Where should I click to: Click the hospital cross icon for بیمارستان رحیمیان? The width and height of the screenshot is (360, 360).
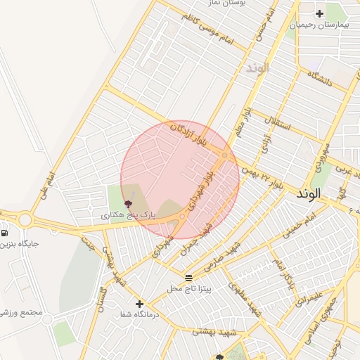320,13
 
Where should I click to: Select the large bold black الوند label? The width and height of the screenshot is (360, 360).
309,192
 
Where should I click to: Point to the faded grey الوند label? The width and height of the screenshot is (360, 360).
257,69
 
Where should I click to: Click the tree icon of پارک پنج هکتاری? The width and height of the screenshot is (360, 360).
127,202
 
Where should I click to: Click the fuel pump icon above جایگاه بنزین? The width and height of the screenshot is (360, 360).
5,233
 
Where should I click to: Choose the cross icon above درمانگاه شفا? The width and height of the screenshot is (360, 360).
140,304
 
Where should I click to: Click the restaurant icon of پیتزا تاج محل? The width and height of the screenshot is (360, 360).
188,278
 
